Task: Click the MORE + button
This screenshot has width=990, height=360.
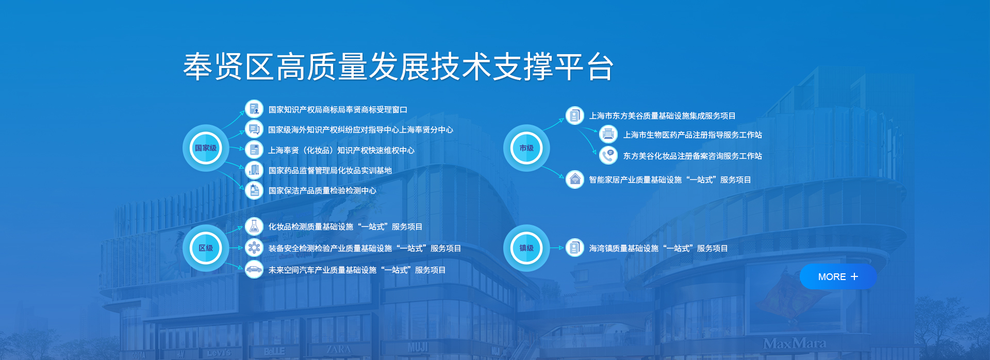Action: point(838,277)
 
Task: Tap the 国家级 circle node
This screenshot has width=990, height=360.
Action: point(206,148)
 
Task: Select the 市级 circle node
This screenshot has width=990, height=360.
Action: point(526,148)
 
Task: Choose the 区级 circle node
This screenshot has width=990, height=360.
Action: point(206,248)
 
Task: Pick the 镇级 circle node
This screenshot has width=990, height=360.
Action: point(526,248)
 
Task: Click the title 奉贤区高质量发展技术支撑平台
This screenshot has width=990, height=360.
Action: point(399,67)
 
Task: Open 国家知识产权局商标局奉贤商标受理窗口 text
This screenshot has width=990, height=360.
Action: point(338,110)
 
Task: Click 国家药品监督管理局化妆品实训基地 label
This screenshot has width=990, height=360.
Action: point(330,171)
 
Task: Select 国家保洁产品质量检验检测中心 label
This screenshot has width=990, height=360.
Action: point(322,191)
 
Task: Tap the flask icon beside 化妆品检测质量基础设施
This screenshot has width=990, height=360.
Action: point(254,226)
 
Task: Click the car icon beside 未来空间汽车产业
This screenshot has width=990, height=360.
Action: point(254,269)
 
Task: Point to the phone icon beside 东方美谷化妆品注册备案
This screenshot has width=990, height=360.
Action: point(608,155)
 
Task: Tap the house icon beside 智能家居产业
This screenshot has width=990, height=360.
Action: point(575,179)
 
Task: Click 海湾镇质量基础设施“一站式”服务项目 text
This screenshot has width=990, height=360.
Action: point(658,249)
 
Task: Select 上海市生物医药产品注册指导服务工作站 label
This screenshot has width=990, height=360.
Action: point(692,135)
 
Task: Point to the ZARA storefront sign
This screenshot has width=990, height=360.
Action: point(338,349)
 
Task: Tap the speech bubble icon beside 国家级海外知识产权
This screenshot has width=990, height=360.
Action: point(254,129)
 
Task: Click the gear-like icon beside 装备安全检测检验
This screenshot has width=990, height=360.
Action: point(254,248)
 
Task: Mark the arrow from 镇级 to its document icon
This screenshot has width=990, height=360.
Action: point(557,248)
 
